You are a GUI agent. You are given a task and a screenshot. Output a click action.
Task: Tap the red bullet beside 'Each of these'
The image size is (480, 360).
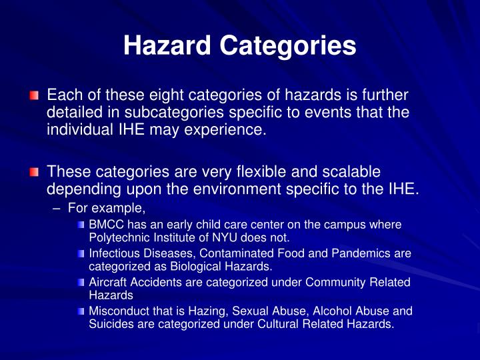tap(35, 97)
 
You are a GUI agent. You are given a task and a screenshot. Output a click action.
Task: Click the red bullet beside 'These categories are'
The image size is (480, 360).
tap(35, 173)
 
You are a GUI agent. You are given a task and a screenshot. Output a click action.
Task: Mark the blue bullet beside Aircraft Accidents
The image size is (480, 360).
tap(81, 283)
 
